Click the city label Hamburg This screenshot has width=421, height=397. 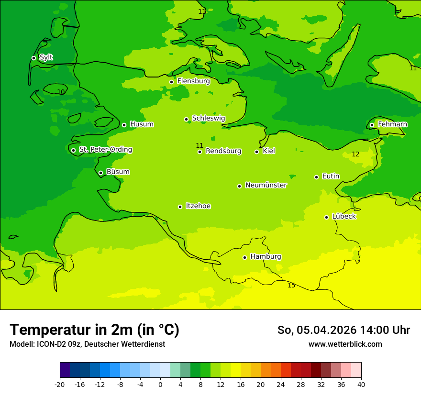[266, 256]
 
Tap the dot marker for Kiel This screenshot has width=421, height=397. [256, 152]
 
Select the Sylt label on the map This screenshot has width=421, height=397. [46, 57]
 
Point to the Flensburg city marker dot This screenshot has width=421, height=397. [171, 82]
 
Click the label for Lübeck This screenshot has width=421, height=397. [343, 216]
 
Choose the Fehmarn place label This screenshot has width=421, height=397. [392, 124]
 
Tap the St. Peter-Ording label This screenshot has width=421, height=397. [105, 150]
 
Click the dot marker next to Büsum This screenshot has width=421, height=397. [100, 173]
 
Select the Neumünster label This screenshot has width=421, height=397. [266, 185]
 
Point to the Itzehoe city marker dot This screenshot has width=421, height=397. [180, 207]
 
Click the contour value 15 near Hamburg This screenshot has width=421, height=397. [291, 286]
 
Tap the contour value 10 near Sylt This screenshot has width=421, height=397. [61, 92]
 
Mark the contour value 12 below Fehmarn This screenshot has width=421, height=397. [355, 154]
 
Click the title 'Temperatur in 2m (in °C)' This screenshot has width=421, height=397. [94, 330]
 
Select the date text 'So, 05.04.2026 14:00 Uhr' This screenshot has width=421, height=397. [343, 330]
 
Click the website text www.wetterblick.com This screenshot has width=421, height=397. [345, 344]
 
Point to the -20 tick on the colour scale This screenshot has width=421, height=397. [60, 385]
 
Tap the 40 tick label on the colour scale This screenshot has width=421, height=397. [361, 385]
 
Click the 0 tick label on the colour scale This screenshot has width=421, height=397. [160, 385]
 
